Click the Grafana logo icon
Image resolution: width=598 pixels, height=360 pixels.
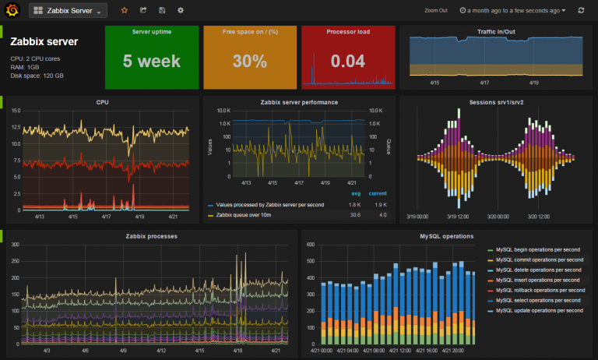coord(12,11)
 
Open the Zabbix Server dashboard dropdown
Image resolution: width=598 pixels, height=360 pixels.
coord(69,11)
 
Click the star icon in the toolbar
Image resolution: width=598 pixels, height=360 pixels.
coord(125,11)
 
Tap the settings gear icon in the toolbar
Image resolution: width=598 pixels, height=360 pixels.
coord(181,11)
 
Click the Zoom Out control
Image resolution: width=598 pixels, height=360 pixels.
coord(436,11)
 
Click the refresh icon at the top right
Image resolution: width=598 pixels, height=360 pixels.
coord(581,11)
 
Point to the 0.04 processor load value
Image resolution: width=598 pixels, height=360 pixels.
coord(346,61)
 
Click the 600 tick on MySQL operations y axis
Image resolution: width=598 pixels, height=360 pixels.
coord(308,245)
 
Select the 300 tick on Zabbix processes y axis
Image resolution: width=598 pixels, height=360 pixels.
coord(13,245)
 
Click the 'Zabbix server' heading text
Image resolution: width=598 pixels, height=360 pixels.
coord(44,41)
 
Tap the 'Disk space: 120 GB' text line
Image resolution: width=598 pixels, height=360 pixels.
coord(37,76)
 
